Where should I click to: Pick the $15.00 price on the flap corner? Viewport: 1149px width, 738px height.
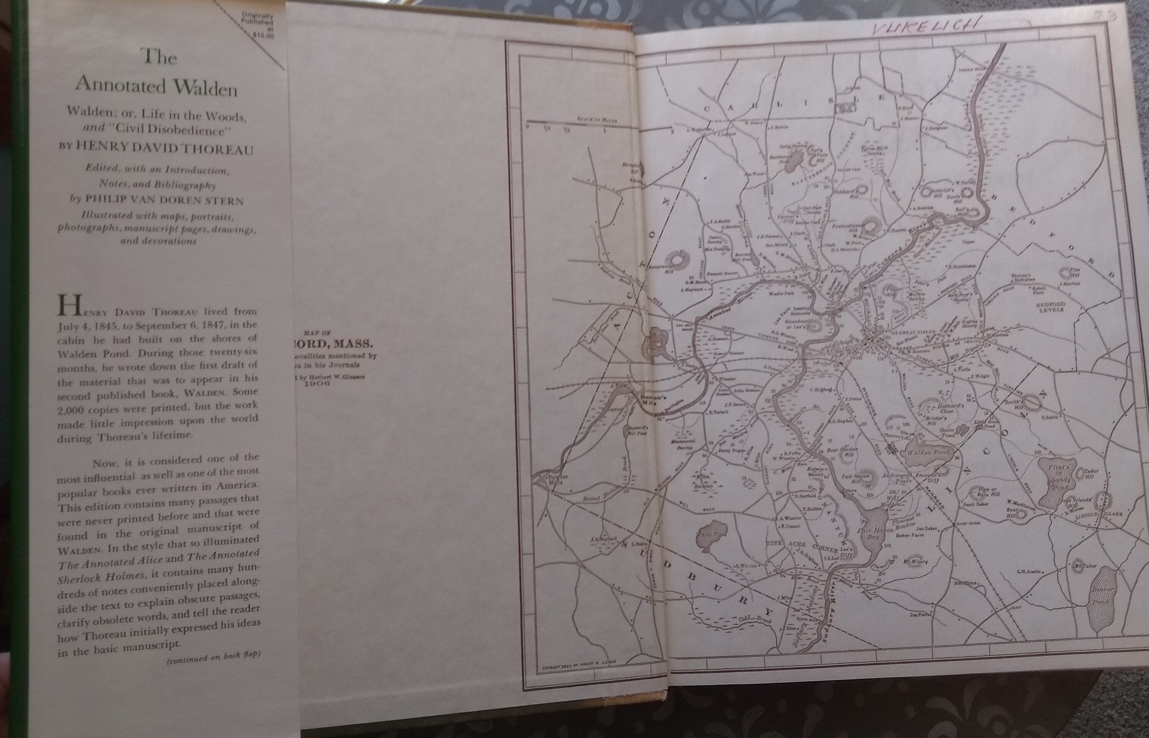coord(263,34)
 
